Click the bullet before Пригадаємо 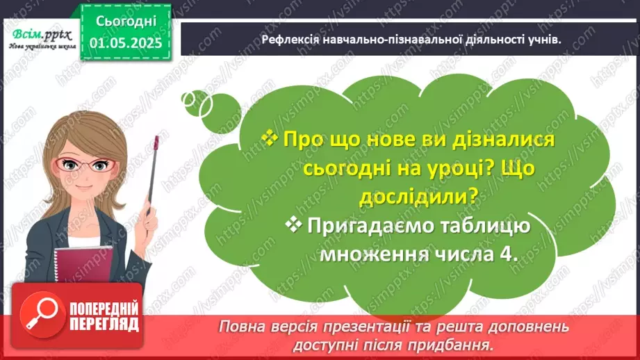coord(293,224)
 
